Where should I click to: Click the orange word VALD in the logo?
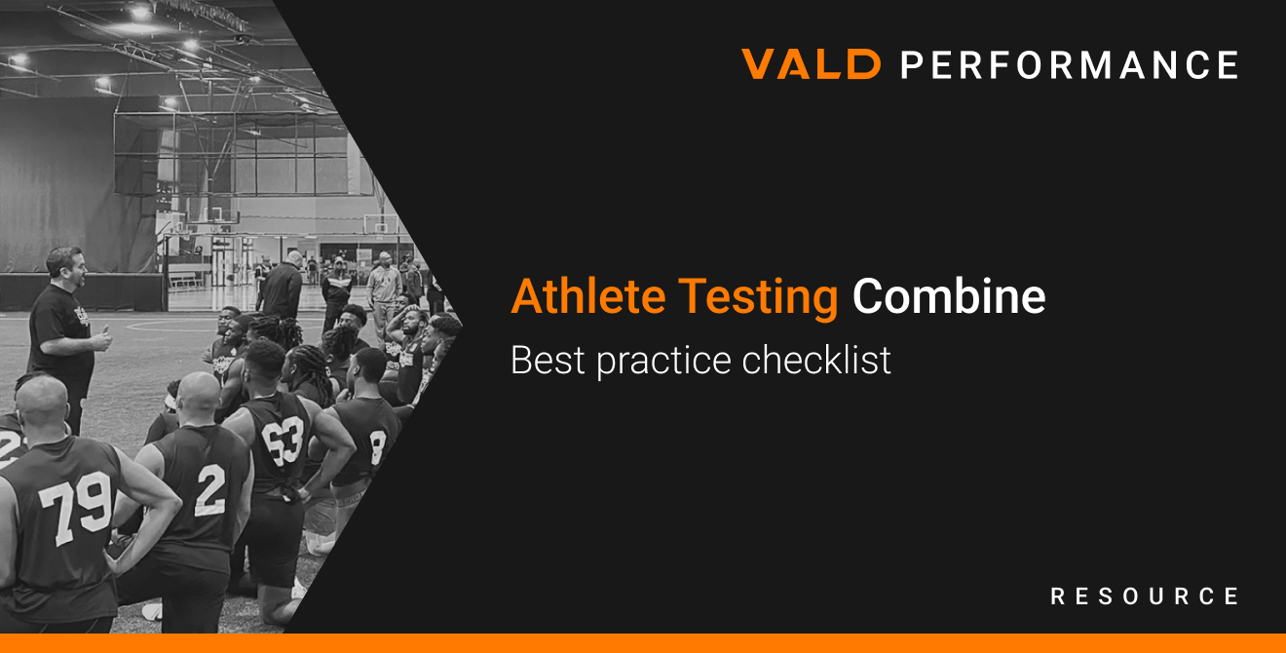click(x=812, y=64)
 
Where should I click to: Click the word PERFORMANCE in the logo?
click(x=1069, y=64)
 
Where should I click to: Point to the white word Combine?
click(x=949, y=297)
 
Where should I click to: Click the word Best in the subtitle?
click(x=548, y=361)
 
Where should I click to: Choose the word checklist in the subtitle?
click(x=816, y=361)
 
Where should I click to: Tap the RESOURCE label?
click(x=1145, y=596)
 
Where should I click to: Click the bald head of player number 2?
click(x=199, y=396)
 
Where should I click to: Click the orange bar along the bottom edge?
click(x=643, y=643)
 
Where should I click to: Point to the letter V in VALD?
click(x=761, y=64)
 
